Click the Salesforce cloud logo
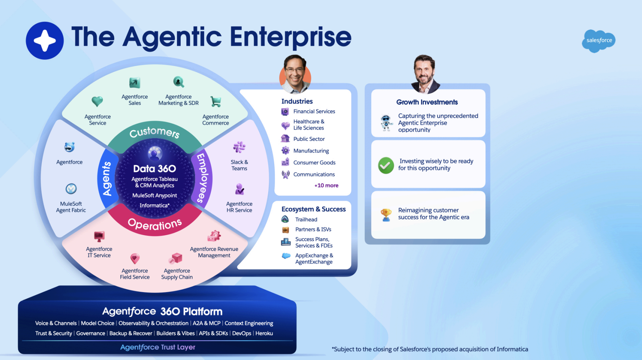599,41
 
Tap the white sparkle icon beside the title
45,41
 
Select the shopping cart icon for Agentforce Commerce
216,102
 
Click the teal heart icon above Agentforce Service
97,101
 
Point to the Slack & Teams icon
239,147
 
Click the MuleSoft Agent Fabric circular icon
71,189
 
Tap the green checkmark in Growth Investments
386,165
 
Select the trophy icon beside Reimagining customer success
386,215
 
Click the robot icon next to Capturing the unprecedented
386,123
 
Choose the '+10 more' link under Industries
326,186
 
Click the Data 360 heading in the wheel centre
155,169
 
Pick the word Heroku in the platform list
264,334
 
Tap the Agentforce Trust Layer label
158,347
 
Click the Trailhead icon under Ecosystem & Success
285,219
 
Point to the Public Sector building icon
285,139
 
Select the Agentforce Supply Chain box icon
176,259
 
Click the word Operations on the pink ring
155,225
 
